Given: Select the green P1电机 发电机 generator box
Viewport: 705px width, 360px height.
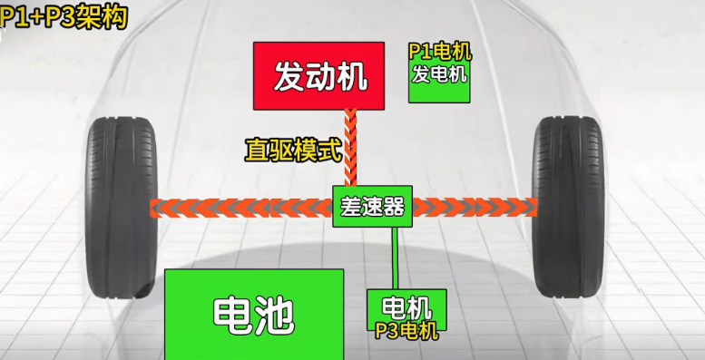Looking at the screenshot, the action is tap(440, 71).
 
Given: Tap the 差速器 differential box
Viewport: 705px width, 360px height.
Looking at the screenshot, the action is tap(371, 206).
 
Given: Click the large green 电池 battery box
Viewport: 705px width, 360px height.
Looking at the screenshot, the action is tap(254, 314).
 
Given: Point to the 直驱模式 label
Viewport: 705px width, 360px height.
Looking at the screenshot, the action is tap(291, 150).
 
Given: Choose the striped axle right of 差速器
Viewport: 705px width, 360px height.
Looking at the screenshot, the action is tap(472, 208).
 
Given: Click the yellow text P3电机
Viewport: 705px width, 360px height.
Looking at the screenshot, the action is tap(406, 331).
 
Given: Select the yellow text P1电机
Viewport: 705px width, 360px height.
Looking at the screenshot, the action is tap(440, 52).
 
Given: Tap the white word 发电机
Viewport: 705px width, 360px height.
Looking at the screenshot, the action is tap(440, 73).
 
